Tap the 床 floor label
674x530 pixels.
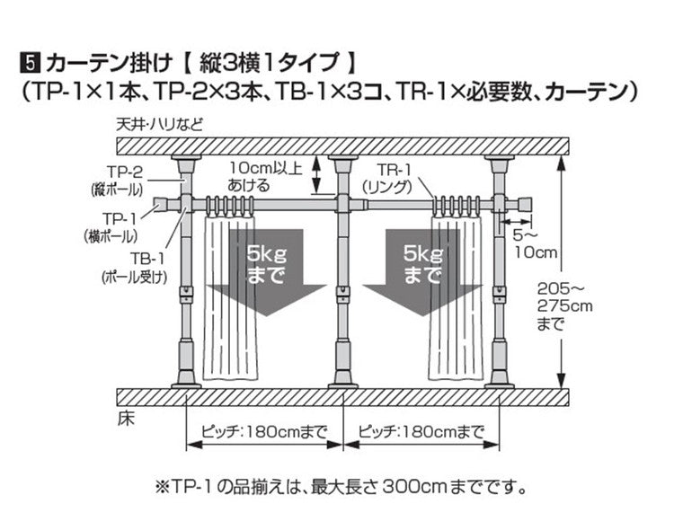point(125,419)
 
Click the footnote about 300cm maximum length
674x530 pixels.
point(340,489)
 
